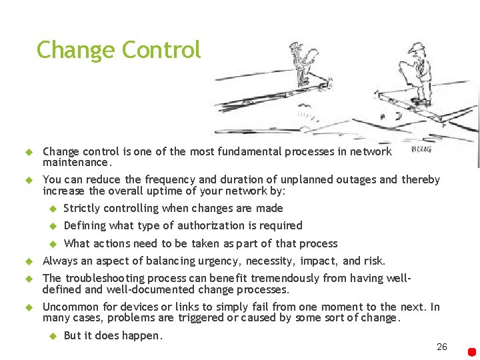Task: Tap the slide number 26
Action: [x=441, y=347]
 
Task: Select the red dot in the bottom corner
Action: [x=472, y=351]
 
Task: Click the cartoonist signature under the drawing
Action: [x=421, y=149]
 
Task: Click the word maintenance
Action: [x=75, y=162]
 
